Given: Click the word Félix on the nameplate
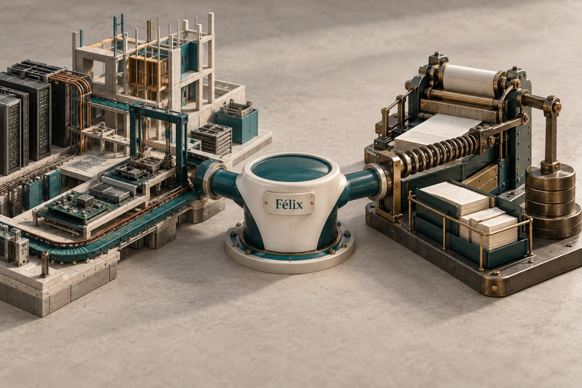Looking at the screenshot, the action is (x=289, y=205).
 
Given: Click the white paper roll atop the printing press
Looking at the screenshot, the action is (x=469, y=80).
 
